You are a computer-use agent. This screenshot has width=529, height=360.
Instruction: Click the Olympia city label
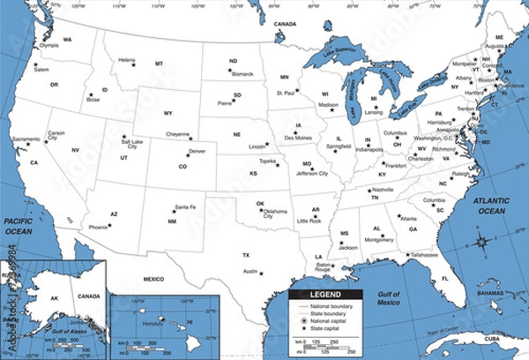point(50,45)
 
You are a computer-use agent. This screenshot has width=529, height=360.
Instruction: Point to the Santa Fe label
point(185,206)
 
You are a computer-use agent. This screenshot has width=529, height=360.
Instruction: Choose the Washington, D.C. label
point(433,139)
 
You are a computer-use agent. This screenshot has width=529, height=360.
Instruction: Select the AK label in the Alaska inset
point(54,298)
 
